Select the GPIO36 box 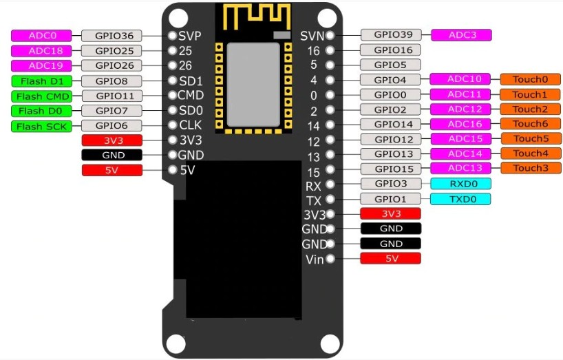pyautogui.click(x=111, y=36)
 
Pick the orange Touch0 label pyautogui.click(x=531, y=79)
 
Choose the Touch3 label pyautogui.click(x=531, y=168)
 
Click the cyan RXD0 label pyautogui.click(x=460, y=184)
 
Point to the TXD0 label pyautogui.click(x=460, y=199)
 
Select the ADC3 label pyautogui.click(x=460, y=34)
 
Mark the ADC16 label pyautogui.click(x=460, y=124)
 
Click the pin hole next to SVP pyautogui.click(x=171, y=35)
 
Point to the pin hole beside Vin pyautogui.click(x=331, y=259)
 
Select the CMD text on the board pyautogui.click(x=191, y=95)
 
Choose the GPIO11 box pyautogui.click(x=111, y=96)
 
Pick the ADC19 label pyautogui.click(x=42, y=65)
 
